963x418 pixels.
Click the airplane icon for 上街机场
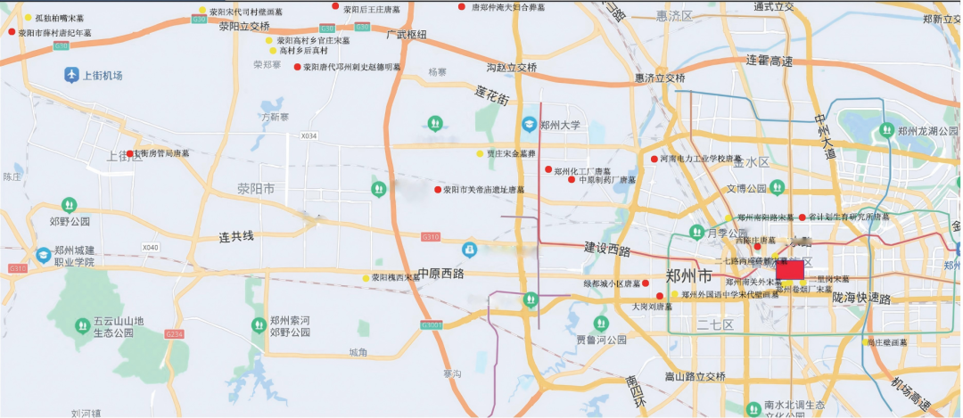[71, 75]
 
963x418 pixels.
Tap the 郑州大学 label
[564, 125]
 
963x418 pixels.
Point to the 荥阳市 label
[255, 188]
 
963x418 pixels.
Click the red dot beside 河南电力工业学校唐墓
[654, 159]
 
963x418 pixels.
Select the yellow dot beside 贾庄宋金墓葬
[479, 153]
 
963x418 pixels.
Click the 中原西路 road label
[441, 274]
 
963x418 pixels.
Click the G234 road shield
[174, 333]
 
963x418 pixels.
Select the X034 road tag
[309, 136]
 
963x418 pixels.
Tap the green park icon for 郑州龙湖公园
[886, 130]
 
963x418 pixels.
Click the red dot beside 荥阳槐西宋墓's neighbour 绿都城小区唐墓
[646, 283]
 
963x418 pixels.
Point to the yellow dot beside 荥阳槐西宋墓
[366, 278]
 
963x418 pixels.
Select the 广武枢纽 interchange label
[407, 35]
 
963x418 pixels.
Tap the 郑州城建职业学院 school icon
[42, 256]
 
